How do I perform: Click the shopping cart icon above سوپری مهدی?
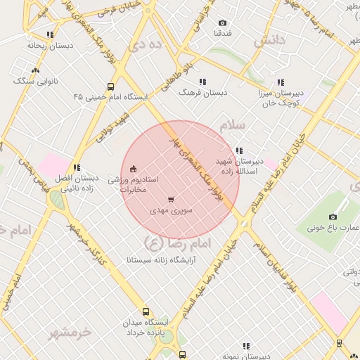pyautogui.click(x=172, y=200)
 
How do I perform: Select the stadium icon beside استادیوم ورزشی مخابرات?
pyautogui.click(x=134, y=167)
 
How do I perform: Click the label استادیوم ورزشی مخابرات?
pyautogui.click(x=133, y=185)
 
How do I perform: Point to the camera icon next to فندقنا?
pyautogui.click(x=223, y=23)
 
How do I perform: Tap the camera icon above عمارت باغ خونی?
pyautogui.click(x=333, y=217)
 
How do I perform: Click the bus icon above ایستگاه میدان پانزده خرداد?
pyautogui.click(x=146, y=311)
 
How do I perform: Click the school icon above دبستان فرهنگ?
pyautogui.click(x=202, y=82)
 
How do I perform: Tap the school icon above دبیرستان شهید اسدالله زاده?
pyautogui.click(x=239, y=150)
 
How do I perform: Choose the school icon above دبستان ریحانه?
pyautogui.click(x=49, y=34)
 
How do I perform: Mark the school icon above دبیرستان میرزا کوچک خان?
pyautogui.click(x=281, y=82)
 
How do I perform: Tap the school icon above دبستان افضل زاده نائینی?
pyautogui.click(x=77, y=167)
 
